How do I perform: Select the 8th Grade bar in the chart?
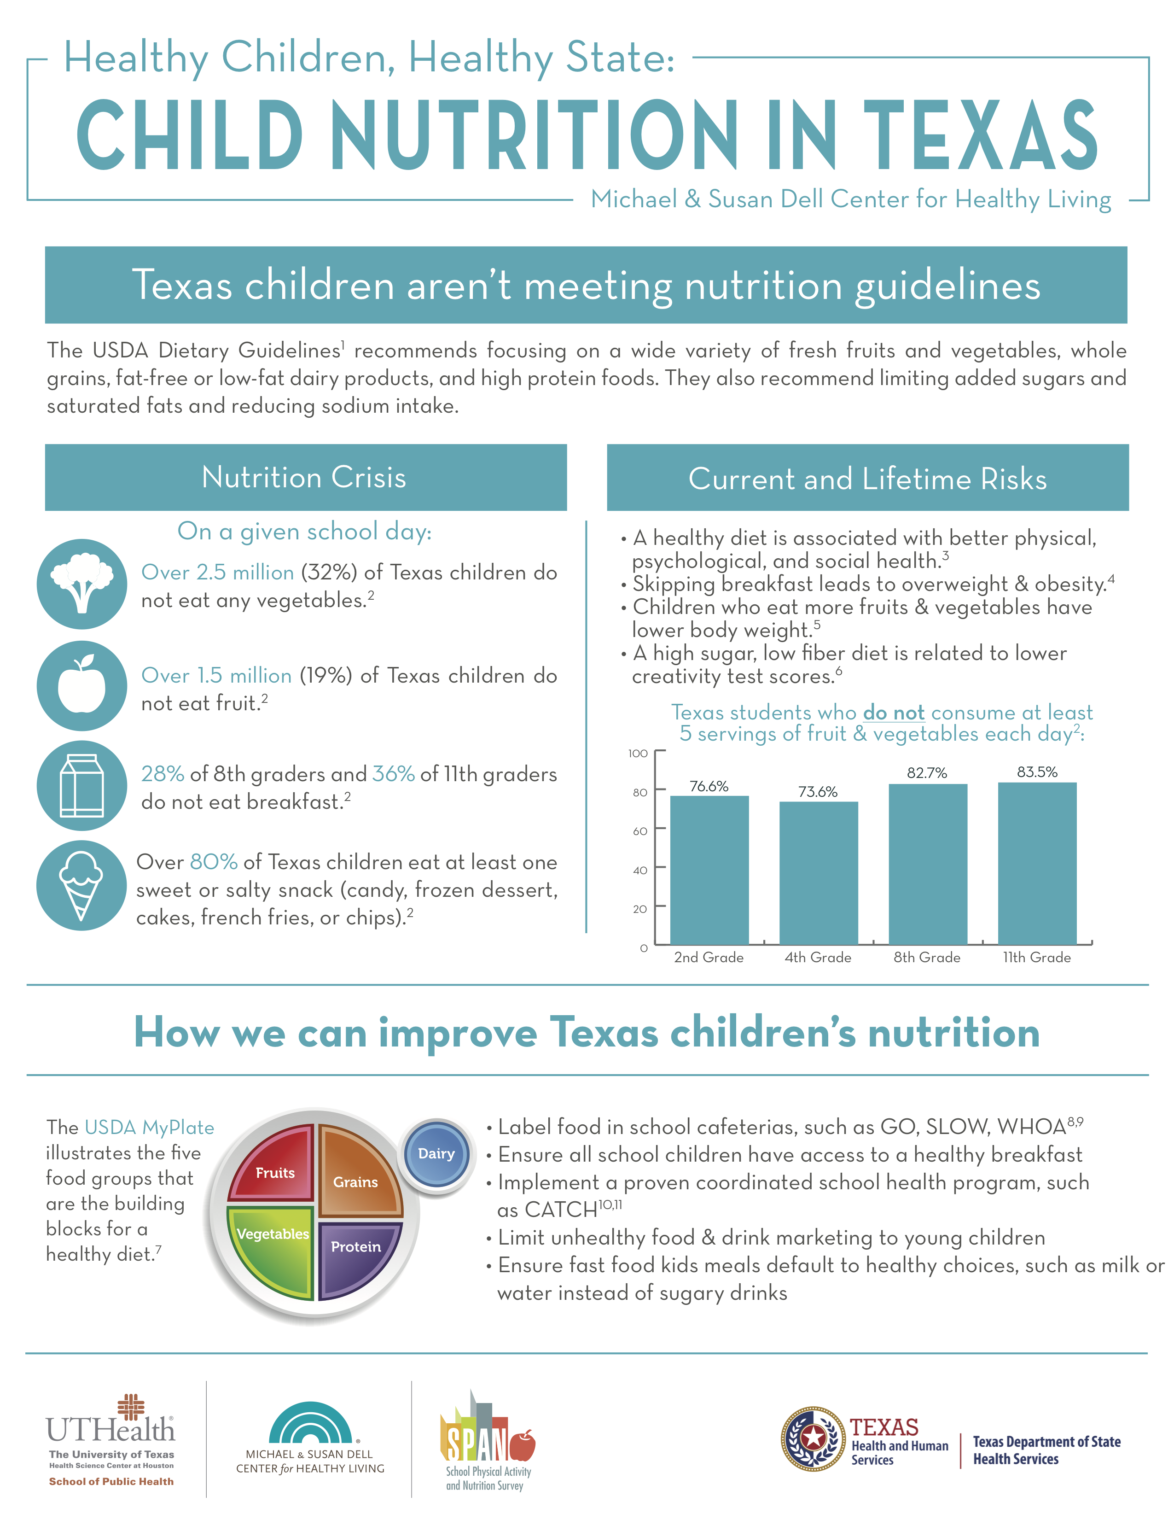(x=927, y=863)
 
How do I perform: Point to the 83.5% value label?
(x=1036, y=772)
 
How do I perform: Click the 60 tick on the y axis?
(x=639, y=831)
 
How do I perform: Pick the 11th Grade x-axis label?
(x=1036, y=958)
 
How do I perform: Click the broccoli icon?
(x=82, y=583)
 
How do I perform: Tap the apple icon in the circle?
(x=82, y=685)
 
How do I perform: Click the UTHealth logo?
(x=111, y=1439)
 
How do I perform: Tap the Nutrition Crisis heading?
(x=304, y=478)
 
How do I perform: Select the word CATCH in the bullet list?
(x=561, y=1210)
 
